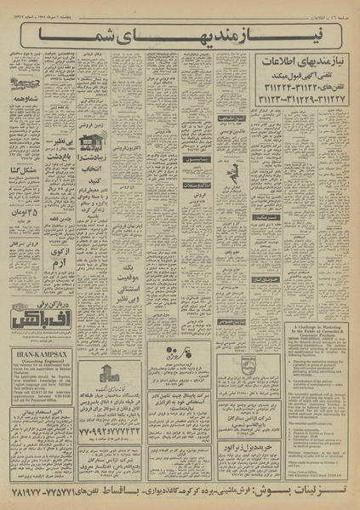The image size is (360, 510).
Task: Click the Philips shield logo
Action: (x=225, y=364)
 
